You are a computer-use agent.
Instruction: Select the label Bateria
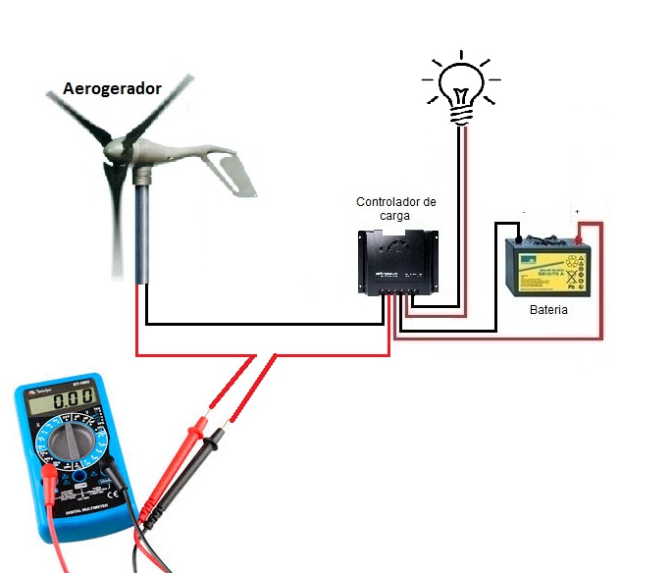click(x=548, y=310)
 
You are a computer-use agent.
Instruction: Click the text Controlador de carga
click(x=396, y=208)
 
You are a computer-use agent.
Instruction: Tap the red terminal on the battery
click(x=581, y=236)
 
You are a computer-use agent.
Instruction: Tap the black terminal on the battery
click(x=518, y=237)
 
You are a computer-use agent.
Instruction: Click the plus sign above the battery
click(x=578, y=212)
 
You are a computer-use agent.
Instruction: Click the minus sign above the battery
click(x=524, y=212)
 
